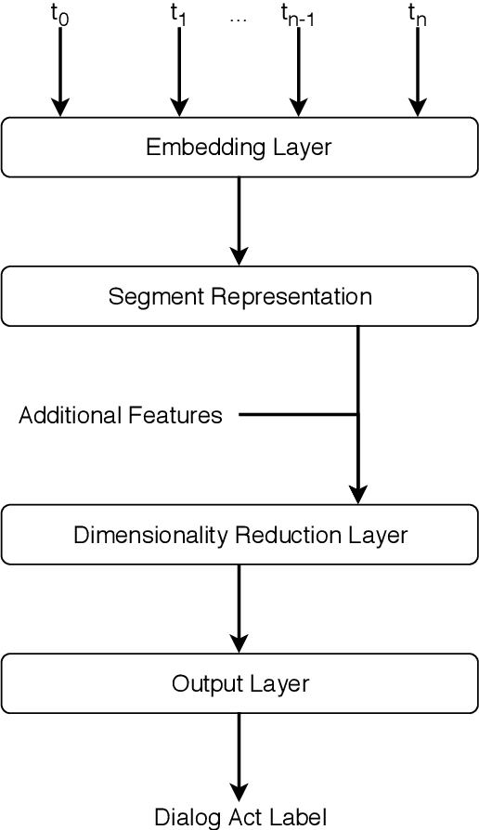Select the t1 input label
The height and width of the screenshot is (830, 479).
click(178, 14)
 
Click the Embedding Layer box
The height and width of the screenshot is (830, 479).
click(239, 148)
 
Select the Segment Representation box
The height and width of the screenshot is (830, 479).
click(239, 297)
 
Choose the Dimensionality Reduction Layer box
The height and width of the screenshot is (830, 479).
click(239, 536)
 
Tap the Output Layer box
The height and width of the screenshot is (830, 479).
click(239, 684)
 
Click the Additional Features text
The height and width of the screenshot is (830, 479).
click(121, 415)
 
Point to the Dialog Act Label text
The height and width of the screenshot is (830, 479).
click(239, 817)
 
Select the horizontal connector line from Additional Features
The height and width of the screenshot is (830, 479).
click(297, 414)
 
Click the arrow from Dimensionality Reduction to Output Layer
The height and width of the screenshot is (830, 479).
click(239, 608)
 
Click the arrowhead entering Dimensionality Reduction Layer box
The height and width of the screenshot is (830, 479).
click(357, 495)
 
